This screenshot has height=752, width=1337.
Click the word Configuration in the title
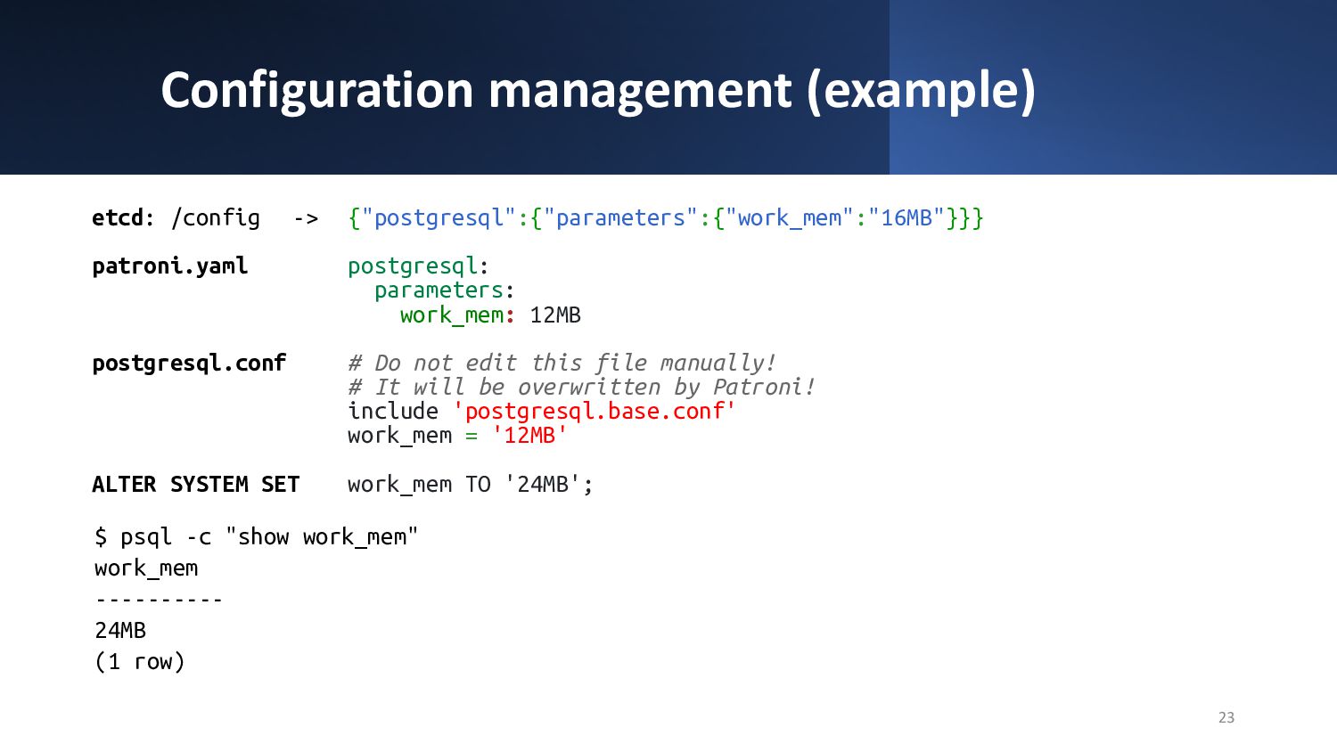coord(317,91)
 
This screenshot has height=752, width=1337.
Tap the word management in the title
coord(640,91)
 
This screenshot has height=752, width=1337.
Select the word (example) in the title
coord(921,91)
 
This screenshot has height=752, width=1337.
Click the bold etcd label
coord(117,217)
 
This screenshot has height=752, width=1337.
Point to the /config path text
coord(216,218)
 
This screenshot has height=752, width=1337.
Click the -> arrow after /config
coord(307,218)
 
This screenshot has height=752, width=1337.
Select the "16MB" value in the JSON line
coord(906,217)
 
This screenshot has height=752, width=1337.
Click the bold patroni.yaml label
coord(169,266)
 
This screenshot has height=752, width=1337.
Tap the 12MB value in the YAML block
coord(555,315)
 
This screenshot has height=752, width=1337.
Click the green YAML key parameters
coord(439,291)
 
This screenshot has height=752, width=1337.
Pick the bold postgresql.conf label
coord(189,364)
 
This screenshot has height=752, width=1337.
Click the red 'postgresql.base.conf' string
coord(594,412)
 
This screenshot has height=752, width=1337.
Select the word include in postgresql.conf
coord(393,411)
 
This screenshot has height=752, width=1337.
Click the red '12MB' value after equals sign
coord(529,435)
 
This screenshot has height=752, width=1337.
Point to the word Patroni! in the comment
coord(764,388)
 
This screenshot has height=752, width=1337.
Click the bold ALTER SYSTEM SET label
coord(196,484)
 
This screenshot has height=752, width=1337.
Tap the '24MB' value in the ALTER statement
coord(543,484)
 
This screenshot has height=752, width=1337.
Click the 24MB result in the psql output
coord(120,630)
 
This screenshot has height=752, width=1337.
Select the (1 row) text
coord(140,661)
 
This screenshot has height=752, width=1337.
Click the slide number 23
coord(1226,717)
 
